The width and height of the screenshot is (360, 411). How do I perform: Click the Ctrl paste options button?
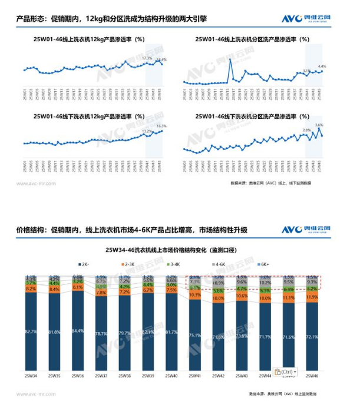[286, 372]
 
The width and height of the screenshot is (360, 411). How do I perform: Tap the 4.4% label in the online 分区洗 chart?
[322, 66]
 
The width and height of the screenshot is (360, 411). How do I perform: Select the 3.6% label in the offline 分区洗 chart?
[319, 125]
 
